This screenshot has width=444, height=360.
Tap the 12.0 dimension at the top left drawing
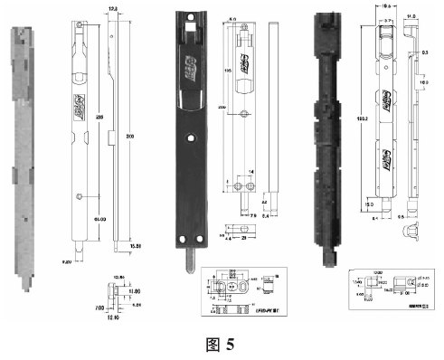112,8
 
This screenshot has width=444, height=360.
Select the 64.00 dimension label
88,218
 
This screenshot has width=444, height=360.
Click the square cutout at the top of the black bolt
191,30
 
